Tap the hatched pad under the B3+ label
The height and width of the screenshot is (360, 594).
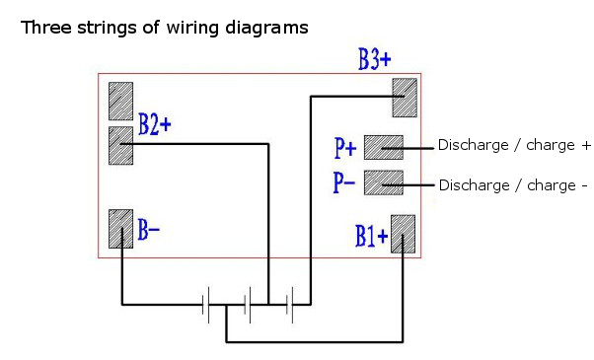pyautogui.click(x=406, y=98)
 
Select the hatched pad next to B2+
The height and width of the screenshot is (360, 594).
pyautogui.click(x=120, y=145)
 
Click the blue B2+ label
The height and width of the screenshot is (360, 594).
pyautogui.click(x=155, y=125)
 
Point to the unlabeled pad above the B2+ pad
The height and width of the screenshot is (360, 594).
pyautogui.click(x=120, y=101)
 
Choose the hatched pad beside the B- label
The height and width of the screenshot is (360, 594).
pyautogui.click(x=120, y=229)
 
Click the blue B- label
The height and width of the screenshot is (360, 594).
pyautogui.click(x=149, y=232)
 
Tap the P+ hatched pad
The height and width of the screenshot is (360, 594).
pyautogui.click(x=383, y=147)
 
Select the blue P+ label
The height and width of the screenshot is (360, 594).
pyautogui.click(x=345, y=149)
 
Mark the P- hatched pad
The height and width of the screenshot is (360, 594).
pyautogui.click(x=383, y=182)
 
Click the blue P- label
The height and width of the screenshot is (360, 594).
pyautogui.click(x=345, y=184)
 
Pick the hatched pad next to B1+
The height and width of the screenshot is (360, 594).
pyautogui.click(x=404, y=235)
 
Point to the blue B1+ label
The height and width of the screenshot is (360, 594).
pyautogui.click(x=371, y=237)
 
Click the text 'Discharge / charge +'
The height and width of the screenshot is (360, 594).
pyautogui.click(x=514, y=146)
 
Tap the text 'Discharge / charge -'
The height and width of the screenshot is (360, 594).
pyautogui.click(x=513, y=184)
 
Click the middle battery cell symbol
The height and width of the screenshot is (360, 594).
pyautogui.click(x=250, y=305)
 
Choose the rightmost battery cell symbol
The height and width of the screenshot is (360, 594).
pyautogui.click(x=290, y=305)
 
